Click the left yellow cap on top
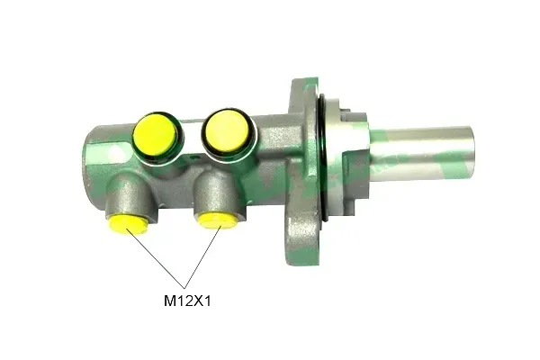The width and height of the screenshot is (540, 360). pyautogui.click(x=156, y=134)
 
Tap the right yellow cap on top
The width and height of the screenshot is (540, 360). pyautogui.click(x=227, y=130)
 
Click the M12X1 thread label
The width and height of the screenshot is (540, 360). pyautogui.click(x=187, y=301)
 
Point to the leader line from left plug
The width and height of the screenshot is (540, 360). pyautogui.click(x=156, y=258)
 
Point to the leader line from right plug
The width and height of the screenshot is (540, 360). pyautogui.click(x=202, y=257)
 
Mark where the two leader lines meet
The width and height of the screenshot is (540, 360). pyautogui.click(x=184, y=288)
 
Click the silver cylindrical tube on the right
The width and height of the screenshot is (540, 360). pyautogui.click(x=424, y=154)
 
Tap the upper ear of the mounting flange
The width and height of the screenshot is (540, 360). pyautogui.click(x=304, y=94)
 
